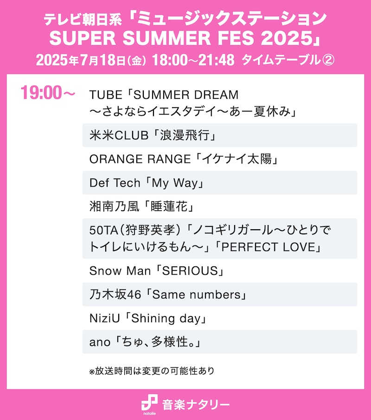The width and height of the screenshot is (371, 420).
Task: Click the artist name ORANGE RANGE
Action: click(x=140, y=159)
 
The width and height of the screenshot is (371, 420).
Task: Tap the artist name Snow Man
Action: click(x=117, y=270)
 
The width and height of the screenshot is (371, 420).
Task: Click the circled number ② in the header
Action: click(x=328, y=60)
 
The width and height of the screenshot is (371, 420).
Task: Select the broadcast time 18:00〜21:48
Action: click(x=193, y=60)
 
